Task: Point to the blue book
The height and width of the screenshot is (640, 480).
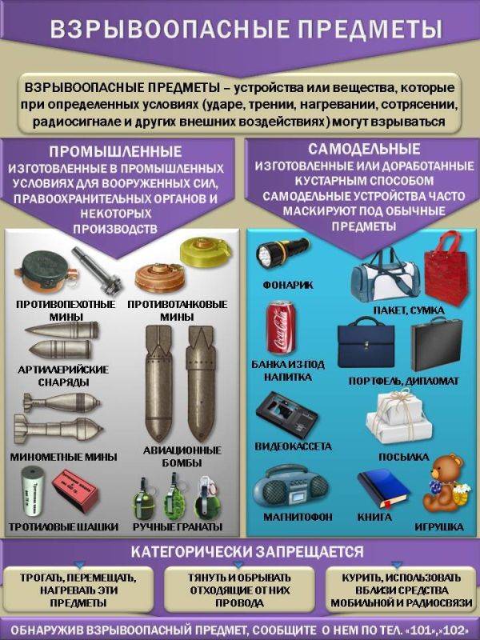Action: coord(383,487)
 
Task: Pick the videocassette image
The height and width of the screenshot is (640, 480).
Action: coord(286,413)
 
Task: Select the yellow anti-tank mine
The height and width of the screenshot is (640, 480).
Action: coord(198,253)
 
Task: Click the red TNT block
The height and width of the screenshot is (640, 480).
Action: coord(75,490)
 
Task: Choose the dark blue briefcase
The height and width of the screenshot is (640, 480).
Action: coord(366,345)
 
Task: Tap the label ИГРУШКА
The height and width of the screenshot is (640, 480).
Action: coord(439,526)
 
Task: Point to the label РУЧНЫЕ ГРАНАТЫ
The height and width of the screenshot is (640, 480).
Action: coord(178,527)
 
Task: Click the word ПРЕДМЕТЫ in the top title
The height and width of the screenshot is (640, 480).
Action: coord(365,30)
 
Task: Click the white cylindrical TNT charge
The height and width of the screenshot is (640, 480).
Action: coord(35,491)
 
